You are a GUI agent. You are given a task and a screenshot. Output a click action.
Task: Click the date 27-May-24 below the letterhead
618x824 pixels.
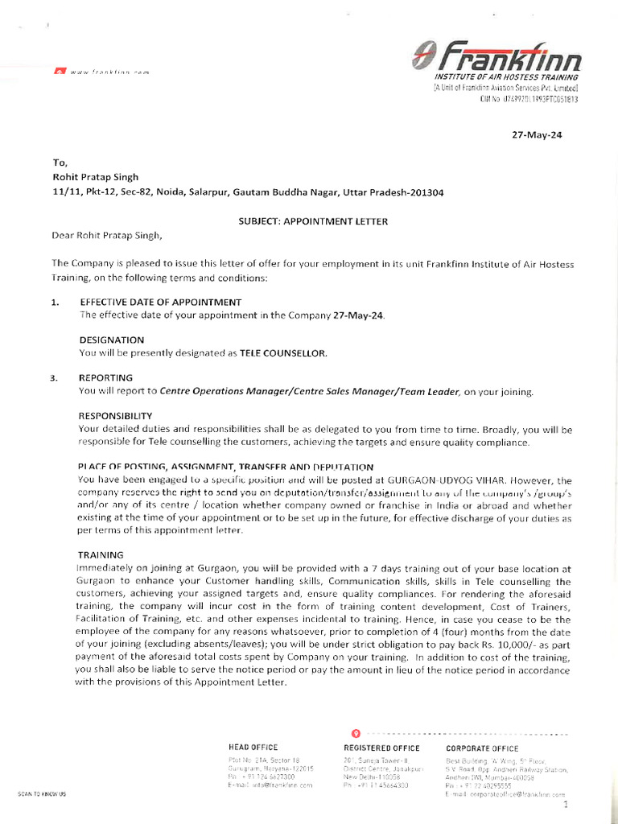(537, 135)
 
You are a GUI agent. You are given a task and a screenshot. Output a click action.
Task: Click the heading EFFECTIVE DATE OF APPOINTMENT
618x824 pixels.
(160, 302)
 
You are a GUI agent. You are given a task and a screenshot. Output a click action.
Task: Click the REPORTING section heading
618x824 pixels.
(105, 377)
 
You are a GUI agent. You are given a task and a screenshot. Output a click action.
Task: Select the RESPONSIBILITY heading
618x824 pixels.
(115, 416)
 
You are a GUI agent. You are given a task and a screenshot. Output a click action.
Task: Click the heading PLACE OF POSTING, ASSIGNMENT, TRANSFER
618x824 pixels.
(225, 467)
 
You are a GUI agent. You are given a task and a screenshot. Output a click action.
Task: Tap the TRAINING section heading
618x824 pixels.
(101, 555)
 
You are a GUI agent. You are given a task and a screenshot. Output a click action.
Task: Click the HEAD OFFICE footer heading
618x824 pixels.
(253, 748)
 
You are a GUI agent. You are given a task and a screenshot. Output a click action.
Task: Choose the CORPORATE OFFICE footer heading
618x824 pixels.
(482, 748)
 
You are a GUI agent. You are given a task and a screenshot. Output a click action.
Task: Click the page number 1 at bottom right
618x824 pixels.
(566, 804)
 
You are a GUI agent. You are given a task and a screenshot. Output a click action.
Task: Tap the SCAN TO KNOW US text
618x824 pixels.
(42, 794)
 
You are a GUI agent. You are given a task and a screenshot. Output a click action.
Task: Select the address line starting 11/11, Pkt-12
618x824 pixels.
(247, 193)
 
